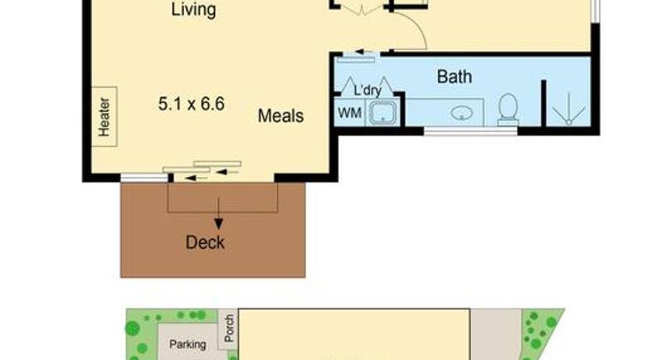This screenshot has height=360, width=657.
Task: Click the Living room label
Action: pos(194,9)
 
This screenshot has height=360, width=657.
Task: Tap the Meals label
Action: pos(281,116)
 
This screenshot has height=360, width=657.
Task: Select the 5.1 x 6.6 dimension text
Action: pos(192,103)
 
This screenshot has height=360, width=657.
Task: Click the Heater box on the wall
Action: pos(104,117)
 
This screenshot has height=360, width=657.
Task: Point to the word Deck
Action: pos(205,243)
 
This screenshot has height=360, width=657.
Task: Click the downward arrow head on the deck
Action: pos(218,224)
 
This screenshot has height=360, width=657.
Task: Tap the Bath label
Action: pos(454,77)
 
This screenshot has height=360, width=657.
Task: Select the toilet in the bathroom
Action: pos(508,110)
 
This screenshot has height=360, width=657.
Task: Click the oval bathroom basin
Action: pos(461,113)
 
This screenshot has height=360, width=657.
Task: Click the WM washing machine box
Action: pos(350,113)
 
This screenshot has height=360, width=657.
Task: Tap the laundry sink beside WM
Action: pos(382,113)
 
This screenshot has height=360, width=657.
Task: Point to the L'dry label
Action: pos(368,91)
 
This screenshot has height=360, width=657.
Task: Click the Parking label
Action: pos(187,344)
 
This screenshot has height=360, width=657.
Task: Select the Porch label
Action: pos(228,328)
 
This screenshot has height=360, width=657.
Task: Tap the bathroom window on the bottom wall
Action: pos(471,131)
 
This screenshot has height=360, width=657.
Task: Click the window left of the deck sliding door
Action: pos(144,178)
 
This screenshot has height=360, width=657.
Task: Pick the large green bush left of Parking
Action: pos(132,328)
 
